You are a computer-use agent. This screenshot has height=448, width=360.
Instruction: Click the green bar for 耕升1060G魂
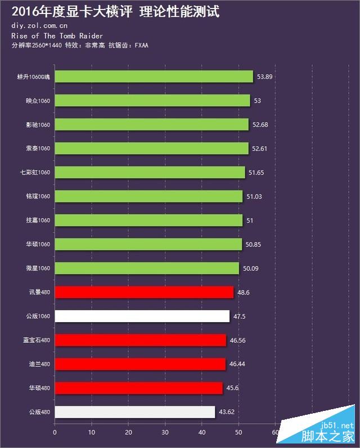(x=154, y=76)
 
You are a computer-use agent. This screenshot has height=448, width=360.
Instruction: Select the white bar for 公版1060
(x=142, y=316)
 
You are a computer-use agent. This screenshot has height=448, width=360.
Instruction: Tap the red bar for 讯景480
(x=144, y=292)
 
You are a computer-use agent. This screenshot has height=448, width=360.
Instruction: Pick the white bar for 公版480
(x=134, y=412)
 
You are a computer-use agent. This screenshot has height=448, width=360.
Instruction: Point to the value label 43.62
(x=227, y=412)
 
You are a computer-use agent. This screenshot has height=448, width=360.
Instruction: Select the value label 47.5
(x=239, y=316)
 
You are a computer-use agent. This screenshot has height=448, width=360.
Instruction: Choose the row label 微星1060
(x=39, y=268)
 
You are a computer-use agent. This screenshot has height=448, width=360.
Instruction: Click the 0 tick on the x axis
(x=55, y=432)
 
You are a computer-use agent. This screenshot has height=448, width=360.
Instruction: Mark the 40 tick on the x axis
(x=202, y=432)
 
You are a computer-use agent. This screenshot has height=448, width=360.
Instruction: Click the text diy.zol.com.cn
(x=39, y=25)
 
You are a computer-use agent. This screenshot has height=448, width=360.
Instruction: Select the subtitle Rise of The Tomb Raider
(x=49, y=35)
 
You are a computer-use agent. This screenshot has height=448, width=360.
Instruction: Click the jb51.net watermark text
(x=336, y=426)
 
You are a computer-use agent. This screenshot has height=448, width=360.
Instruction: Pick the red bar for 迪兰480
(x=140, y=364)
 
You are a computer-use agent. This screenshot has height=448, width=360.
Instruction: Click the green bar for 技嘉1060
(x=148, y=220)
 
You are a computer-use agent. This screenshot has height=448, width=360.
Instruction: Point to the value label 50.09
(x=251, y=268)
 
